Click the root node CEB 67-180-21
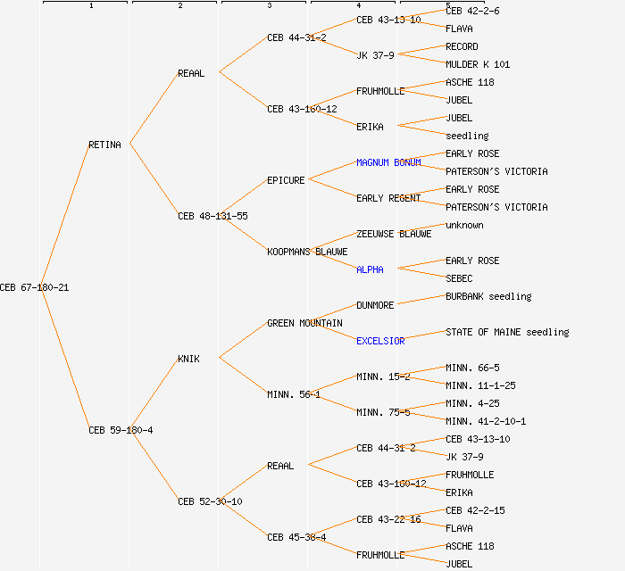[x=34, y=287]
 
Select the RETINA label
[x=104, y=145]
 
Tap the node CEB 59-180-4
[x=121, y=430]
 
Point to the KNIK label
[x=188, y=359]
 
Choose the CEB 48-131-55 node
[x=212, y=216]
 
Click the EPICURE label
[x=286, y=180]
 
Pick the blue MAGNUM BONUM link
[x=388, y=162]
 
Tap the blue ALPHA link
[x=370, y=269]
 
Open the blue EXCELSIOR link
[x=380, y=341]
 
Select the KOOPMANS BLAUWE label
[x=307, y=252]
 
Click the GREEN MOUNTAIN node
[x=304, y=323]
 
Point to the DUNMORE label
[x=375, y=305]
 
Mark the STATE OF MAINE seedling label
[x=507, y=332]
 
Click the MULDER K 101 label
[x=478, y=64]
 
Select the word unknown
[x=464, y=225]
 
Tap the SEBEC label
[x=459, y=278]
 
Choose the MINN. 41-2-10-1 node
[x=486, y=421]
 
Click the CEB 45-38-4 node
[x=296, y=537]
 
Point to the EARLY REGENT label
[x=388, y=198]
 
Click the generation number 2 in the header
[x=179, y=6]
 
